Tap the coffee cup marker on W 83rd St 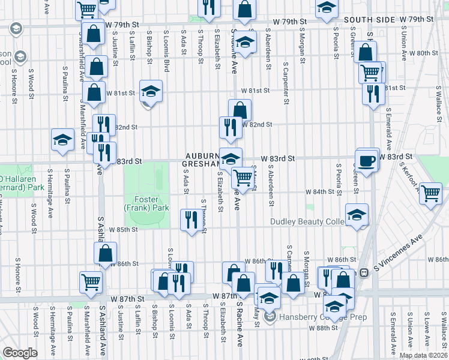367,160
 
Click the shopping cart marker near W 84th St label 430,193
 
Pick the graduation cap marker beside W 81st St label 151,91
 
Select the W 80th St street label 427,53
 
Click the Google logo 20,352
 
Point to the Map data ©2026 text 423,355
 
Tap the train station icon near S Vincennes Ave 363,272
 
